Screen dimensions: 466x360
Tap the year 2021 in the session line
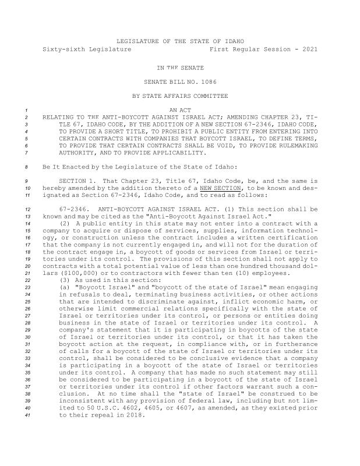pos(309,50)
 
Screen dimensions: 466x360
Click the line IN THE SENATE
pos(179,68)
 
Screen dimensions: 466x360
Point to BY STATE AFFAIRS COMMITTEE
pos(179,96)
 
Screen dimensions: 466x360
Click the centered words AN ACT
pos(180,110)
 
